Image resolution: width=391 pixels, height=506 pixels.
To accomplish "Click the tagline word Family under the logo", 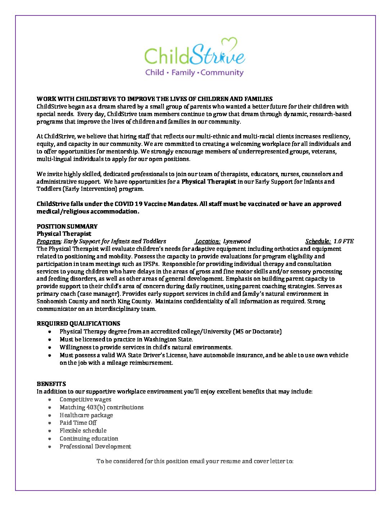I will [x=183, y=73].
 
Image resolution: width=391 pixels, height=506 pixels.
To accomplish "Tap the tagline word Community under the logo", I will [x=222, y=73].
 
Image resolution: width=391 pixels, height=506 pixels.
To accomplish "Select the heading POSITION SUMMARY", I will [x=67, y=226].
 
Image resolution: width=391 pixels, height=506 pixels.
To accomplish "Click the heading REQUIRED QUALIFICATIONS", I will [x=78, y=323].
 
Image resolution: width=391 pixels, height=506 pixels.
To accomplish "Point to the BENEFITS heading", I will [x=51, y=384].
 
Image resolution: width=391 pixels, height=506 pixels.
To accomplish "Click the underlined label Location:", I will [x=207, y=241].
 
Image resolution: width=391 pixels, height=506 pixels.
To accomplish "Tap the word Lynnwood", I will [x=237, y=241].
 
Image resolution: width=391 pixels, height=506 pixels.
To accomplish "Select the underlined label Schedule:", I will [x=318, y=241].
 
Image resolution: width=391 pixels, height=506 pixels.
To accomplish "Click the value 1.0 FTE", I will [x=344, y=241].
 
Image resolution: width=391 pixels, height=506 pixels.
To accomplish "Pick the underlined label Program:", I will [x=49, y=241].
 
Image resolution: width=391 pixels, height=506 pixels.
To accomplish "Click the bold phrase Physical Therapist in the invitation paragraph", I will [x=208, y=181].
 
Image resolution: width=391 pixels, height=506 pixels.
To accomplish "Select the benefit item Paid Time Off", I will [x=78, y=423].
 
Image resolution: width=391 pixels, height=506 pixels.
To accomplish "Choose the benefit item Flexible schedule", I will [x=83, y=431].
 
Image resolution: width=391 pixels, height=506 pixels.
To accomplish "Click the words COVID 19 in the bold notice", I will [x=129, y=204].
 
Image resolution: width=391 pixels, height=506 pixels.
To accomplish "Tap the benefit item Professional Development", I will [x=95, y=446].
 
